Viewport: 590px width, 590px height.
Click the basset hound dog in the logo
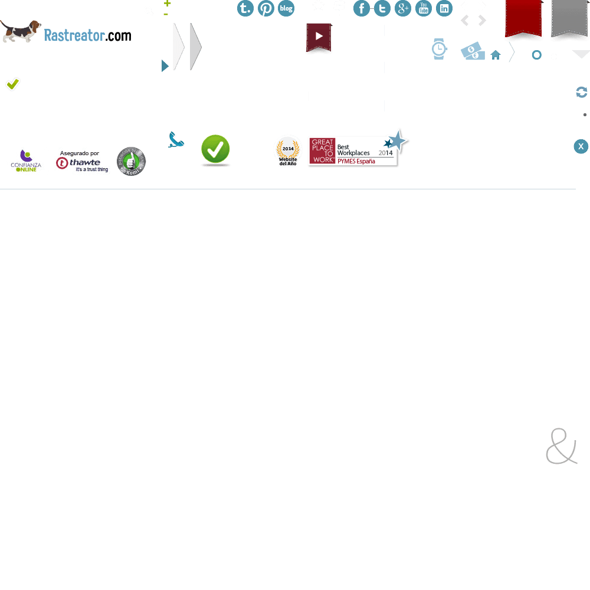21,31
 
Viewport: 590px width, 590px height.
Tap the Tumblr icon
245,8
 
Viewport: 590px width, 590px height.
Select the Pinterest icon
266,8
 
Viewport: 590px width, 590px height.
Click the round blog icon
286,8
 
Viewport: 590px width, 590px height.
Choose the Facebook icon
362,8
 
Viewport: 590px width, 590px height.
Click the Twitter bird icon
382,8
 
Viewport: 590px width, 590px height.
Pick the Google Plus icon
403,8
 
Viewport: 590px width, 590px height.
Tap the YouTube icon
424,8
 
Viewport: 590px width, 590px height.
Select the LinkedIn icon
444,8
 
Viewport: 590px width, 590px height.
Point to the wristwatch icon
439,49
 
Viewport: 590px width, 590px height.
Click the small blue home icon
496,55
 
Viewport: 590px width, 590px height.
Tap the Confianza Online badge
27,161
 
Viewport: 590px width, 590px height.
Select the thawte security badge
83,161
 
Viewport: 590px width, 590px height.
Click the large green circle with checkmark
215,149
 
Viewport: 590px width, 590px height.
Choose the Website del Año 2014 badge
287,151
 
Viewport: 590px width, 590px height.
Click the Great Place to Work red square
323,151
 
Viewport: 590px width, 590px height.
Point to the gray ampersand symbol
561,447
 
